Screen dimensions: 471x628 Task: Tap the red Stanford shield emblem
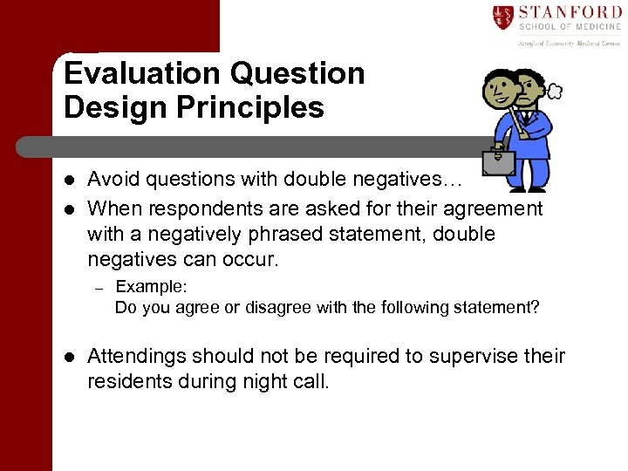click(x=502, y=17)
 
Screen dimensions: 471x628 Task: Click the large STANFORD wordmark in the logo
click(x=570, y=12)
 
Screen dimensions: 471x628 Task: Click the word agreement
click(x=493, y=209)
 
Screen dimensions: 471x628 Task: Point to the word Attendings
click(x=136, y=357)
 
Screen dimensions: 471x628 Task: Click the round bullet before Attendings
click(x=69, y=358)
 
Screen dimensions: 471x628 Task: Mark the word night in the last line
click(x=254, y=381)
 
